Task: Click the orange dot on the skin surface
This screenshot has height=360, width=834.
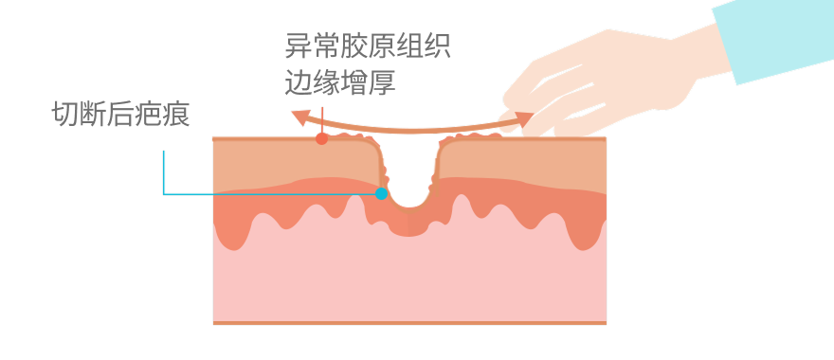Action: point(322,139)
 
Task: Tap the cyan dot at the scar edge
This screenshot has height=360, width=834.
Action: point(381,193)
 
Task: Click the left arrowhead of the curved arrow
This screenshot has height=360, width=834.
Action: point(299,117)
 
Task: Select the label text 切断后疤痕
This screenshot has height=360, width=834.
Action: point(121,115)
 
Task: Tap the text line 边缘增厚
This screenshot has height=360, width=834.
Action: point(340,82)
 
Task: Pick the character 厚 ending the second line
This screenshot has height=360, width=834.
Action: point(382,82)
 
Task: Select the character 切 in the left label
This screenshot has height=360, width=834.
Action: point(65,115)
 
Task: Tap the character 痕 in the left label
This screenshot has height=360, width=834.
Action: point(177,115)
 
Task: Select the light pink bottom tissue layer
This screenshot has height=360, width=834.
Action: point(408,284)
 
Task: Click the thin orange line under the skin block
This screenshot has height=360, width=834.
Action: point(408,323)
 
